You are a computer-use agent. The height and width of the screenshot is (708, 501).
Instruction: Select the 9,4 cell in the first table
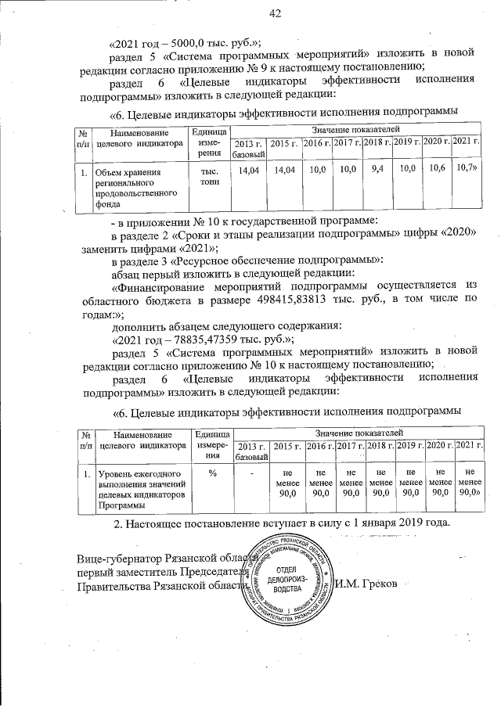377,168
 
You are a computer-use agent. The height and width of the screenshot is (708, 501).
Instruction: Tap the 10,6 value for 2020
435,168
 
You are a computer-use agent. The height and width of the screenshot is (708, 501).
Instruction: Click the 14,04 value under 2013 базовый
248,169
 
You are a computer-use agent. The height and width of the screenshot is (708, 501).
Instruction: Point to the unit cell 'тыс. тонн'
209,175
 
